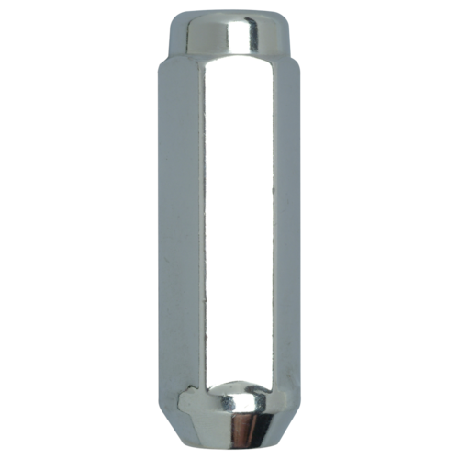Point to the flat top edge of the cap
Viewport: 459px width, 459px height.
[229, 13]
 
